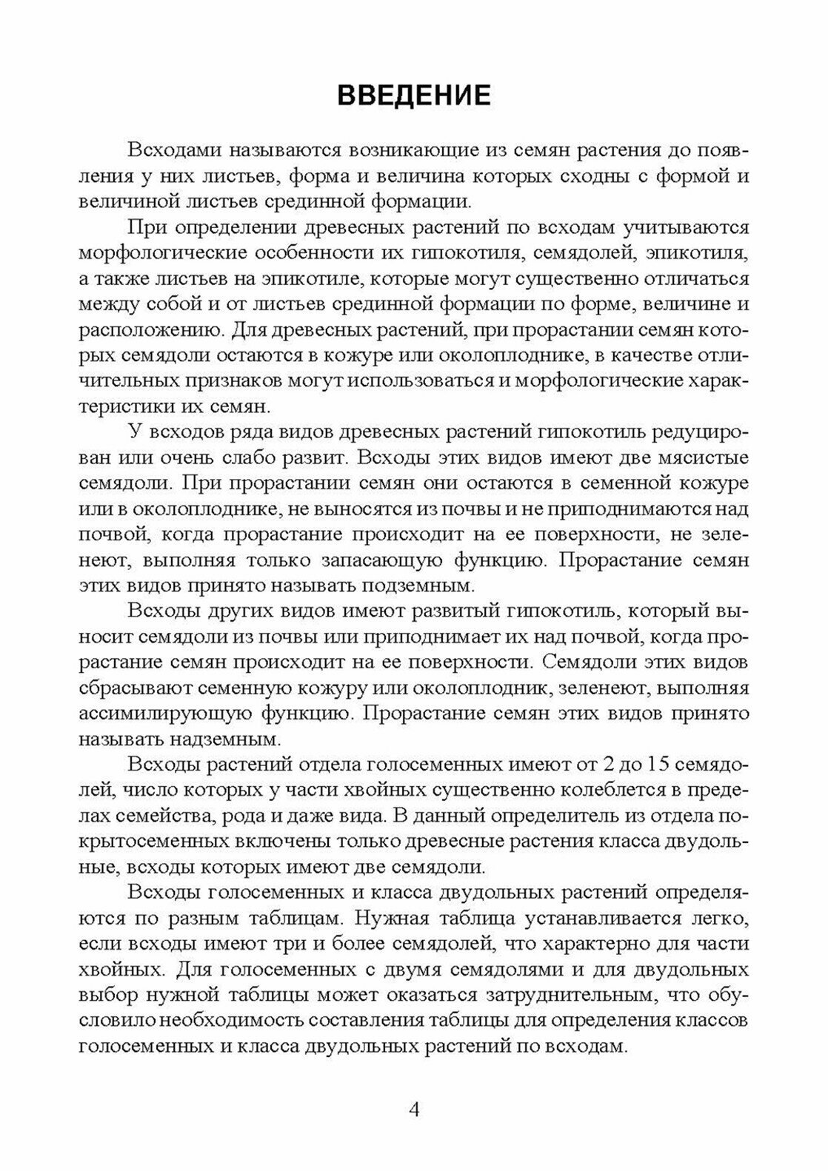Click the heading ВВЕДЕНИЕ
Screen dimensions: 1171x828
click(413, 97)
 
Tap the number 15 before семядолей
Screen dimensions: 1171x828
click(661, 764)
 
